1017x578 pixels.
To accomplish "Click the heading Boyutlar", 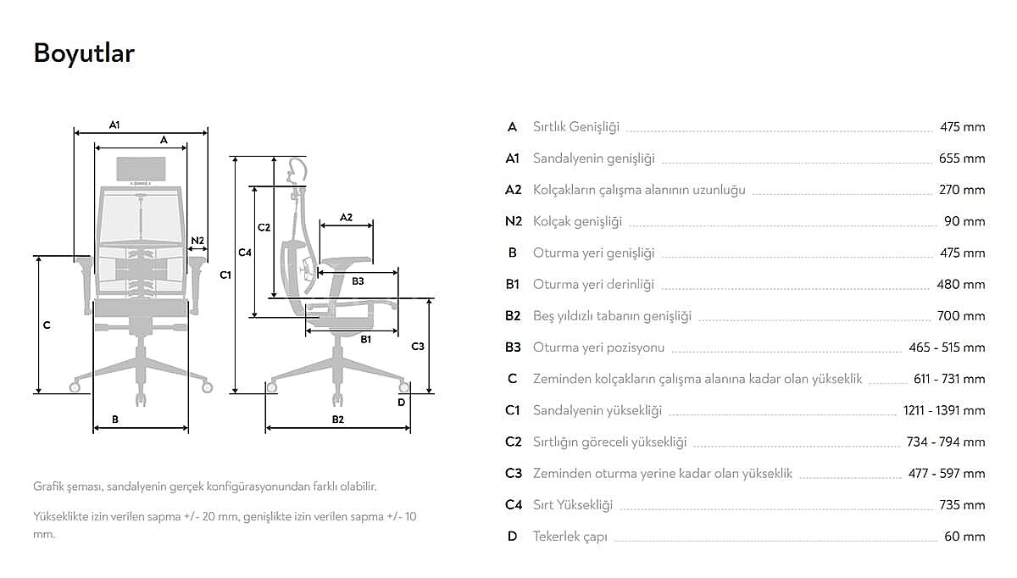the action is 84,53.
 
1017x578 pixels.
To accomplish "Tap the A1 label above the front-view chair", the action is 114,125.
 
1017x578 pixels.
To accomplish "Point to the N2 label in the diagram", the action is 197,241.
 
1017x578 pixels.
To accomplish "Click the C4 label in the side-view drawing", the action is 245,253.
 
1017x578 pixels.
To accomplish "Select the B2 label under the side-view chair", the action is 338,420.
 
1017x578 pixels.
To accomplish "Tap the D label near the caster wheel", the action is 402,403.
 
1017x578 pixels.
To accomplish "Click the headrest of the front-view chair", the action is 142,169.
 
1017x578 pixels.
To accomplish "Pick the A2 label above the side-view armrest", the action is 346,218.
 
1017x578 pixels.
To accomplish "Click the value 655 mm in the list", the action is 962,158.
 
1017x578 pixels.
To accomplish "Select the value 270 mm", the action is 962,190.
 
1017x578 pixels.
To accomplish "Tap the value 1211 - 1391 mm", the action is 944,410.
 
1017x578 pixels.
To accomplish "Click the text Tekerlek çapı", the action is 570,536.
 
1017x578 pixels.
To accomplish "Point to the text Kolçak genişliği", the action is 577,221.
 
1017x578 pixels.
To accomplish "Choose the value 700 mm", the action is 961,316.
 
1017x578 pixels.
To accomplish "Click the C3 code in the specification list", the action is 514,474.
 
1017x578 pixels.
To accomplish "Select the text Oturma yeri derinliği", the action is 593,285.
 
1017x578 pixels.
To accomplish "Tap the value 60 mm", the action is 964,536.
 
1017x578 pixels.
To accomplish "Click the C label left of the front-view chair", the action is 47,325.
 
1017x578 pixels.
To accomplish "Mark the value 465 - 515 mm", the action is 948,347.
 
